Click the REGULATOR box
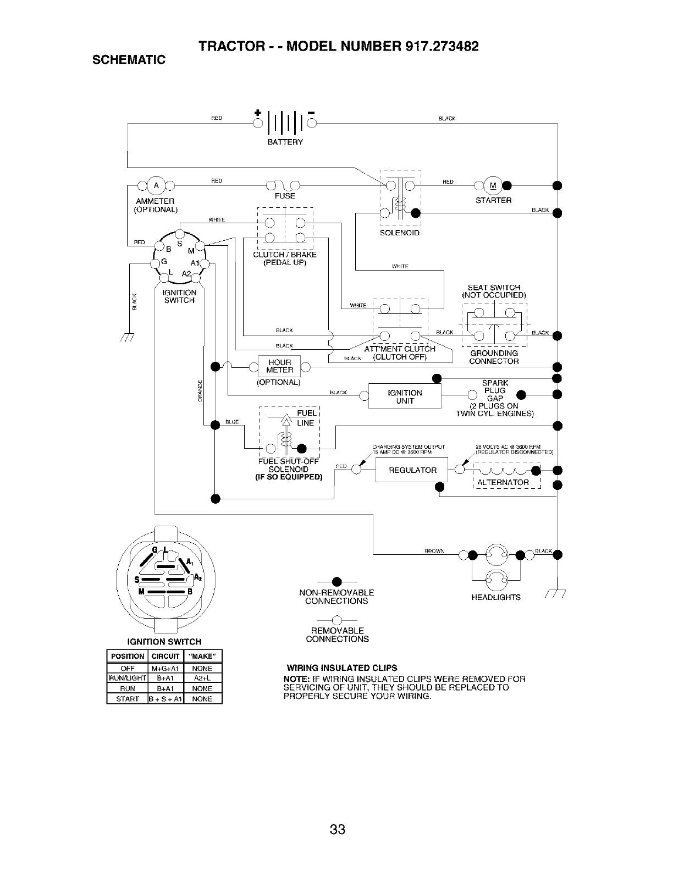pyautogui.click(x=412, y=470)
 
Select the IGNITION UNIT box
pyautogui.click(x=405, y=396)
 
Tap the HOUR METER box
pyautogui.click(x=279, y=366)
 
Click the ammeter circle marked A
pyautogui.click(x=156, y=185)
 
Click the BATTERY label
pyautogui.click(x=284, y=142)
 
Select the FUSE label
pyautogui.click(x=285, y=196)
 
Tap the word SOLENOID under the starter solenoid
pyautogui.click(x=400, y=233)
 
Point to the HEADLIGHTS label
pyautogui.click(x=496, y=597)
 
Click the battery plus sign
pyautogui.click(x=257, y=113)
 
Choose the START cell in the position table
pyautogui.click(x=127, y=699)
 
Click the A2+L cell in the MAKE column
pyautogui.click(x=202, y=678)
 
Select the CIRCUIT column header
pyautogui.click(x=166, y=656)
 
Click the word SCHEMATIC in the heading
pyautogui.click(x=129, y=59)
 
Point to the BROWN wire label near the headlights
pyautogui.click(x=434, y=551)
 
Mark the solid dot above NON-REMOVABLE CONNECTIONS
pyautogui.click(x=336, y=582)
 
